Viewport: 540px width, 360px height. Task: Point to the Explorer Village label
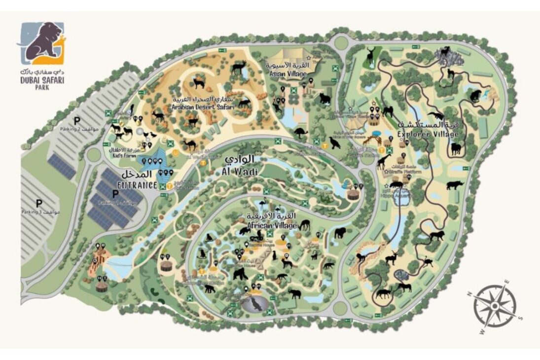click(x=428, y=130)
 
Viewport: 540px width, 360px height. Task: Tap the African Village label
click(x=273, y=221)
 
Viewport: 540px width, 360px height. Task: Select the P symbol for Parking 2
click(x=76, y=120)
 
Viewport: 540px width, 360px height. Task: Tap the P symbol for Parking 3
click(x=39, y=203)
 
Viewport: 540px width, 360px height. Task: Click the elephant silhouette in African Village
click(x=294, y=294)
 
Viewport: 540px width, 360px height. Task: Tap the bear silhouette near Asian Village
click(x=324, y=99)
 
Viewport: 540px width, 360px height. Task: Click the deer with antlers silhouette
click(x=370, y=55)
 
